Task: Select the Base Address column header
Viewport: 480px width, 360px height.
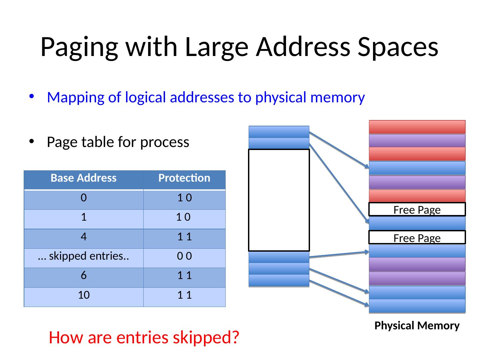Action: (84, 178)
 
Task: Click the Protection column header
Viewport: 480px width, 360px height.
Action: (184, 178)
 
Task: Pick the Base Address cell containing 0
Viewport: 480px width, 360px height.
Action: (84, 198)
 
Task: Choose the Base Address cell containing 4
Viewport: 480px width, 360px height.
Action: (84, 237)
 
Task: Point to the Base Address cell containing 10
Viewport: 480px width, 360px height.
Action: (84, 295)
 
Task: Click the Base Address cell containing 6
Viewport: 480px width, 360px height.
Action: (84, 276)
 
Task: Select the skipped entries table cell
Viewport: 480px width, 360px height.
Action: (84, 256)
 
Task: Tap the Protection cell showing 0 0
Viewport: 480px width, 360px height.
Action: (184, 256)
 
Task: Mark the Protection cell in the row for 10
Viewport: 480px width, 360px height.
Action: (184, 295)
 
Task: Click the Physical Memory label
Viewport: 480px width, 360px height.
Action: (417, 326)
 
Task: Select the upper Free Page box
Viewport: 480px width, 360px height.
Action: (417, 210)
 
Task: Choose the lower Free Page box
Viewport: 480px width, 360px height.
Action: (417, 238)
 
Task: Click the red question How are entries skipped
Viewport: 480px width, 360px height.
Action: (144, 338)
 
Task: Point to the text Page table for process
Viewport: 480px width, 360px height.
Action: (118, 142)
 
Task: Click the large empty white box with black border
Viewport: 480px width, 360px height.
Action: (279, 200)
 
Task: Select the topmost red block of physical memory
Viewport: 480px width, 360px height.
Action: (417, 127)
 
